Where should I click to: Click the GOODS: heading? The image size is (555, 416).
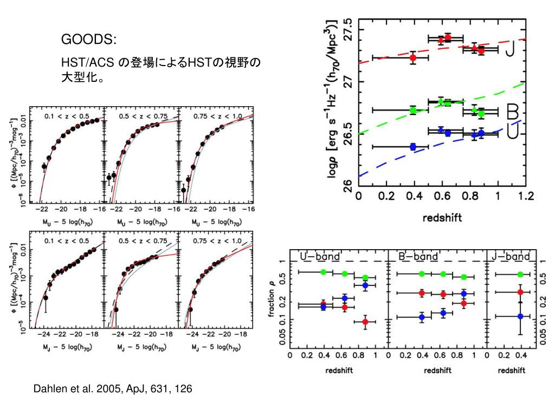(88, 40)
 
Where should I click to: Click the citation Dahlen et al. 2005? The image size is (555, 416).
(112, 389)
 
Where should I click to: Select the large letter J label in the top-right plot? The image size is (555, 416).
(511, 50)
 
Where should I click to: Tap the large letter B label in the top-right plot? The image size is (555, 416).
(512, 113)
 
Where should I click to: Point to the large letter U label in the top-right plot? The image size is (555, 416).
(513, 132)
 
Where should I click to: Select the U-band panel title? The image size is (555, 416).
(320, 256)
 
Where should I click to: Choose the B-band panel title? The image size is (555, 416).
(418, 256)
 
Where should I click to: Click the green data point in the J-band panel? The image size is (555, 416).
(520, 275)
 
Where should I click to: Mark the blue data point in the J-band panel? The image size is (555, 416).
(520, 316)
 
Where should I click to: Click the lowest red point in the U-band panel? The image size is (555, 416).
(365, 322)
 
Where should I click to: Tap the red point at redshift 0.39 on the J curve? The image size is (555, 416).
(413, 57)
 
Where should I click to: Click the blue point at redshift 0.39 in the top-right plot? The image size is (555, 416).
(413, 146)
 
